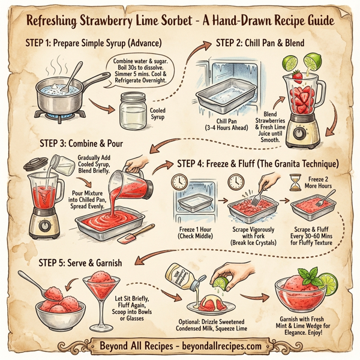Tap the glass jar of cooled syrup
pos(134,108)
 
